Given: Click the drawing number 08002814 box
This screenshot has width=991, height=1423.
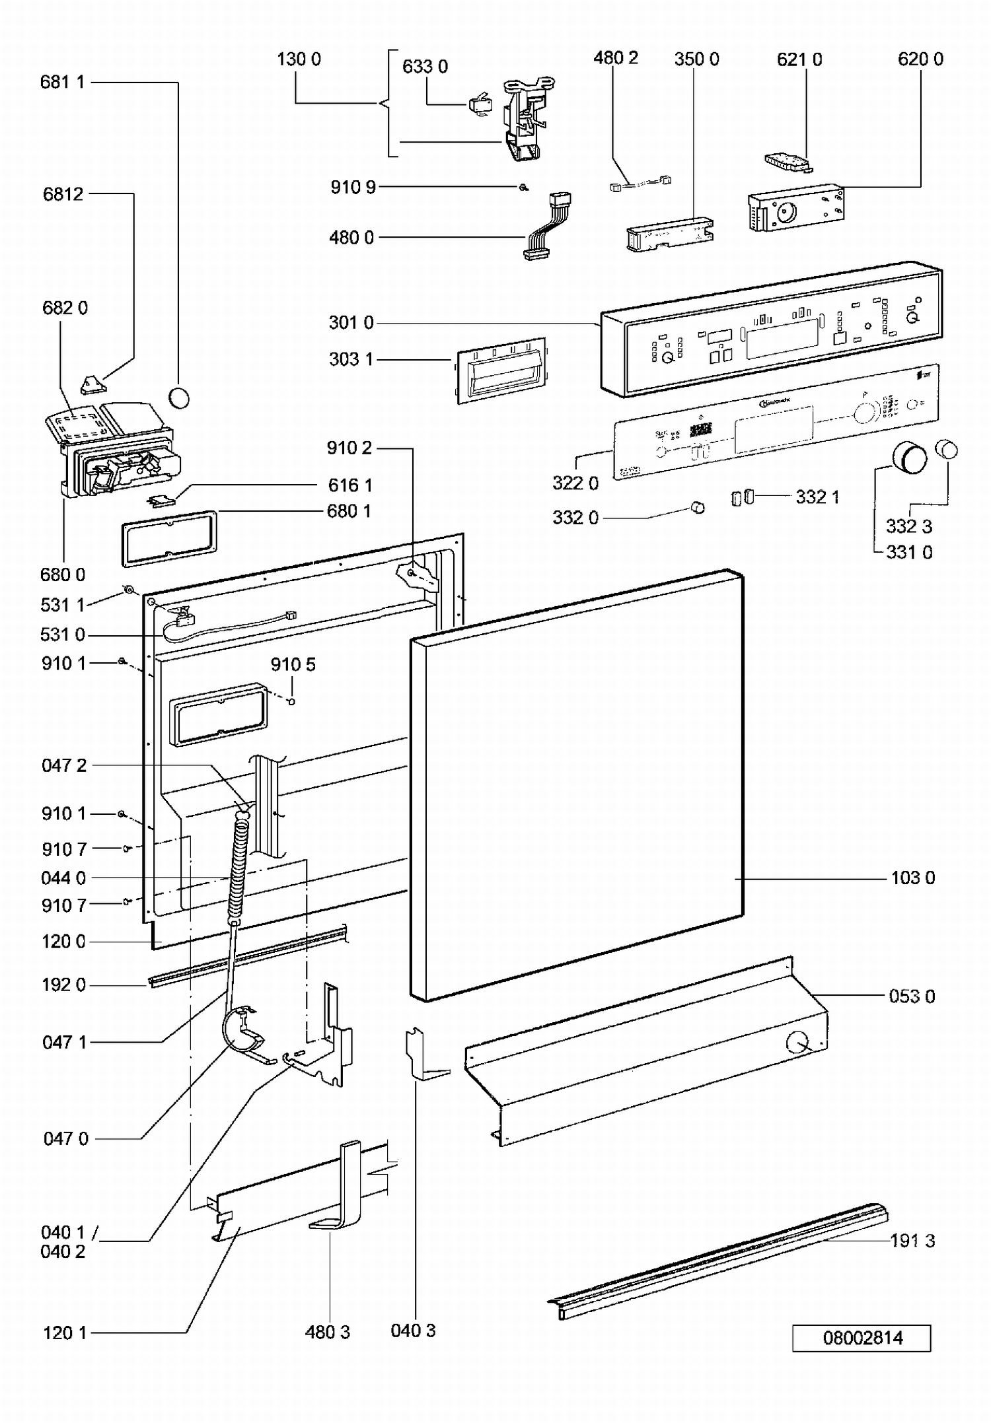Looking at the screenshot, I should tap(862, 1338).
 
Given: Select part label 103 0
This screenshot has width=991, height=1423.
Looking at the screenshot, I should tap(912, 878).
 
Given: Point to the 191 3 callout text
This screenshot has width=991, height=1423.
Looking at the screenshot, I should tap(912, 1241).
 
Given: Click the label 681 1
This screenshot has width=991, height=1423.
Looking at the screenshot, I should tap(63, 82).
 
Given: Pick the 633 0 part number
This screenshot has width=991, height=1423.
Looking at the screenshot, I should tap(425, 67).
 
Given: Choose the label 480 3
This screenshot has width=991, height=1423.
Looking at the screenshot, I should tap(327, 1332).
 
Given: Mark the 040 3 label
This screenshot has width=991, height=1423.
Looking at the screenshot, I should tap(413, 1331).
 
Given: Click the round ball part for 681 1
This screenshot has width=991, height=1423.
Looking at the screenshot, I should tap(179, 398).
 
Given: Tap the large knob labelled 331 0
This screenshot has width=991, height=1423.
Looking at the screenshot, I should tap(910, 458).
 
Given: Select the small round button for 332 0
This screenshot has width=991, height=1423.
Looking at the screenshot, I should tap(697, 508).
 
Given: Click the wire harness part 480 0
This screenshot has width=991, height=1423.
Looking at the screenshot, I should tap(546, 228).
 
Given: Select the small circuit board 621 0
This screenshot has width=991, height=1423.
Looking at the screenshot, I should tap(788, 162).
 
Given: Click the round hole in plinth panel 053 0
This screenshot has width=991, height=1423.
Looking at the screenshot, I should tap(797, 1043).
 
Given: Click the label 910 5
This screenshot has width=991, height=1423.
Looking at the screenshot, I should tap(293, 664).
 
